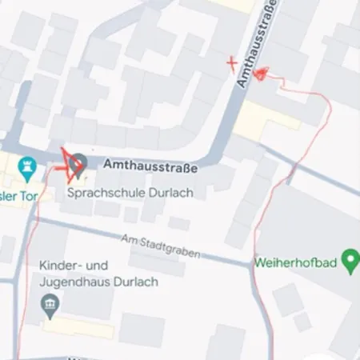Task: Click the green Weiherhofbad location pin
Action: pos(349,259)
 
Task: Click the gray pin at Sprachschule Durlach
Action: pos(78,166)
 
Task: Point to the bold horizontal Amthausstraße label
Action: pos(150,167)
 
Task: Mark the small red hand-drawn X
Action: pos(232,61)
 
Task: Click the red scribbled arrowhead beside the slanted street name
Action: pos(261,73)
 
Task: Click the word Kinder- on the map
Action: pos(61,266)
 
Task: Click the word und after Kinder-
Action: pos(98,266)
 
